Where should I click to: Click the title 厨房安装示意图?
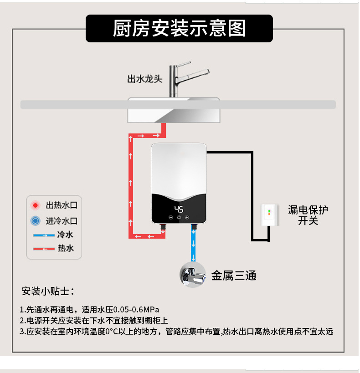(x=179, y=28)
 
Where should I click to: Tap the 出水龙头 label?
(x=144, y=79)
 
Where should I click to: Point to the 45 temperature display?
(x=179, y=209)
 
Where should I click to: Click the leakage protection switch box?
(x=269, y=215)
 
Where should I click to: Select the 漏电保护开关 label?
(x=308, y=215)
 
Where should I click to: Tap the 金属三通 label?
(x=233, y=276)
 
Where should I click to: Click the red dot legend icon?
(x=35, y=205)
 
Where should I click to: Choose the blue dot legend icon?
(x=35, y=221)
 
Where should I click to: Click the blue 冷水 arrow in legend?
(x=43, y=235)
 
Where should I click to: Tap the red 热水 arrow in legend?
(x=43, y=249)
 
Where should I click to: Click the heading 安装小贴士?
(x=48, y=291)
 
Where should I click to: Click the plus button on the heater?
(x=187, y=218)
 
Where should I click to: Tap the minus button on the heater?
(x=171, y=218)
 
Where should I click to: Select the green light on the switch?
(x=269, y=211)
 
